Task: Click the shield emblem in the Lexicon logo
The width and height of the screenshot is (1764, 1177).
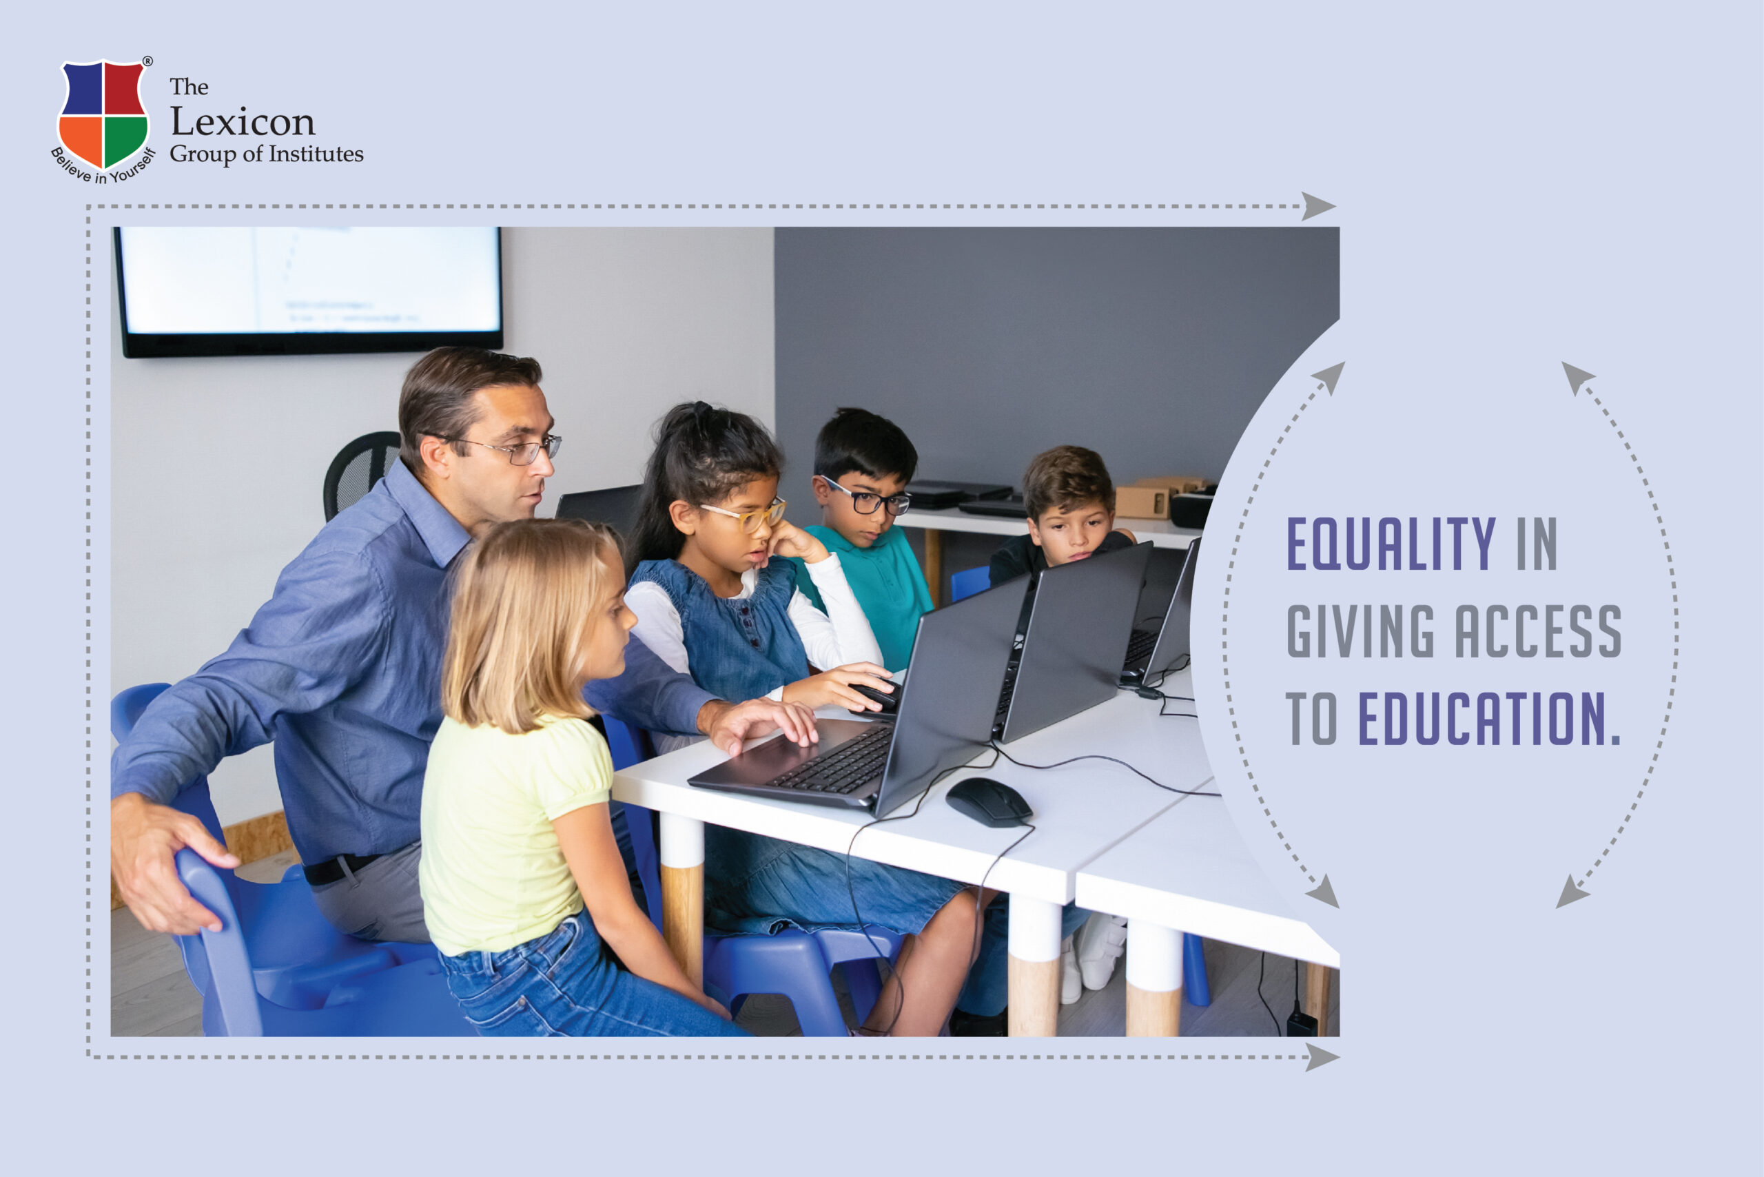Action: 103,114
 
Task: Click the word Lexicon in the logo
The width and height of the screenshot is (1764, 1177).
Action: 243,121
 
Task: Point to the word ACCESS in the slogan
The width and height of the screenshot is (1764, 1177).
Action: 1539,631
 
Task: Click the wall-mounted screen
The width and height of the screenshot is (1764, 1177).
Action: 309,291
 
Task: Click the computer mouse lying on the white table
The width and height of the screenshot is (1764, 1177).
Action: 989,801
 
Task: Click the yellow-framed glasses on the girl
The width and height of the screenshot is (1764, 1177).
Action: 747,514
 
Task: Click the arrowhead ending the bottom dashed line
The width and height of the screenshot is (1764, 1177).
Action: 1322,1057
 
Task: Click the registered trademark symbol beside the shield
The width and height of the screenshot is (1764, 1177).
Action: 148,61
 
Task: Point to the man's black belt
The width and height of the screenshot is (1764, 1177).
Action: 338,868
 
